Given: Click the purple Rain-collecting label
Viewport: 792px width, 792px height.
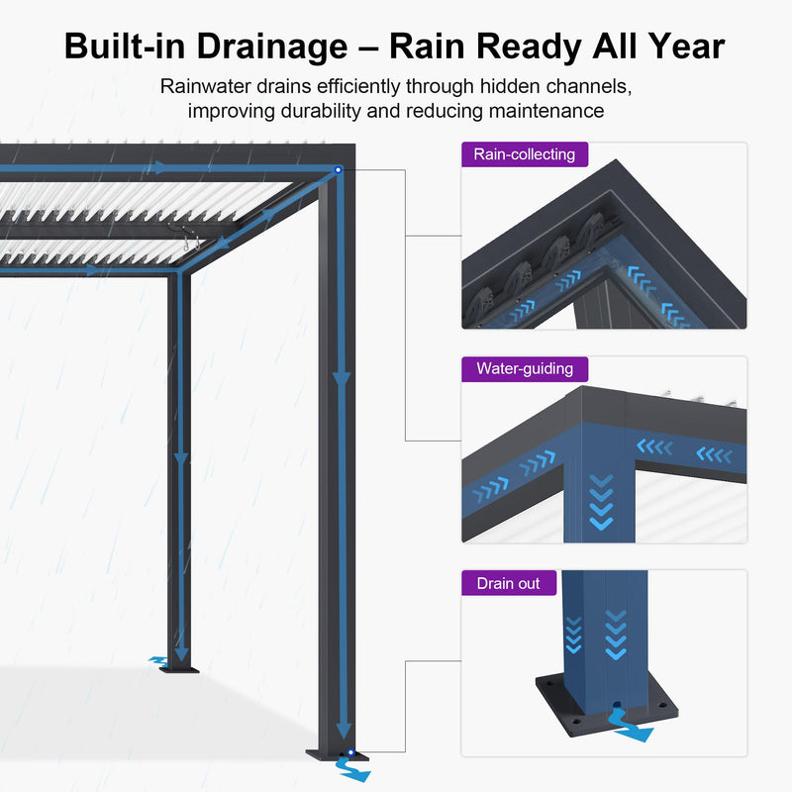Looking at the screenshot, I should point(524,153).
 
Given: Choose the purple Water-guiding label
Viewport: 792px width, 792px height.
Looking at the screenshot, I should point(524,368).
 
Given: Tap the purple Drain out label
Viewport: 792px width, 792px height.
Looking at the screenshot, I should point(508,583).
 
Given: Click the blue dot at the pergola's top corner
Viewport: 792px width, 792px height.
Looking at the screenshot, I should point(339,170).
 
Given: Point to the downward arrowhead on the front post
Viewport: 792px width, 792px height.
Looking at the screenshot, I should point(342,378).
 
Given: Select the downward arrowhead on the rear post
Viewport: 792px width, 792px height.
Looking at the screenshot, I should point(180,457).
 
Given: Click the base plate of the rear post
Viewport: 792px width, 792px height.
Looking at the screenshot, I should point(180,668).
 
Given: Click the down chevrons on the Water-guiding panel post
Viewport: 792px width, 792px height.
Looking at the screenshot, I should point(601,500).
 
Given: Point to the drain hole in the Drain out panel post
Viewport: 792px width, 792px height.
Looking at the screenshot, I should point(616,710).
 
